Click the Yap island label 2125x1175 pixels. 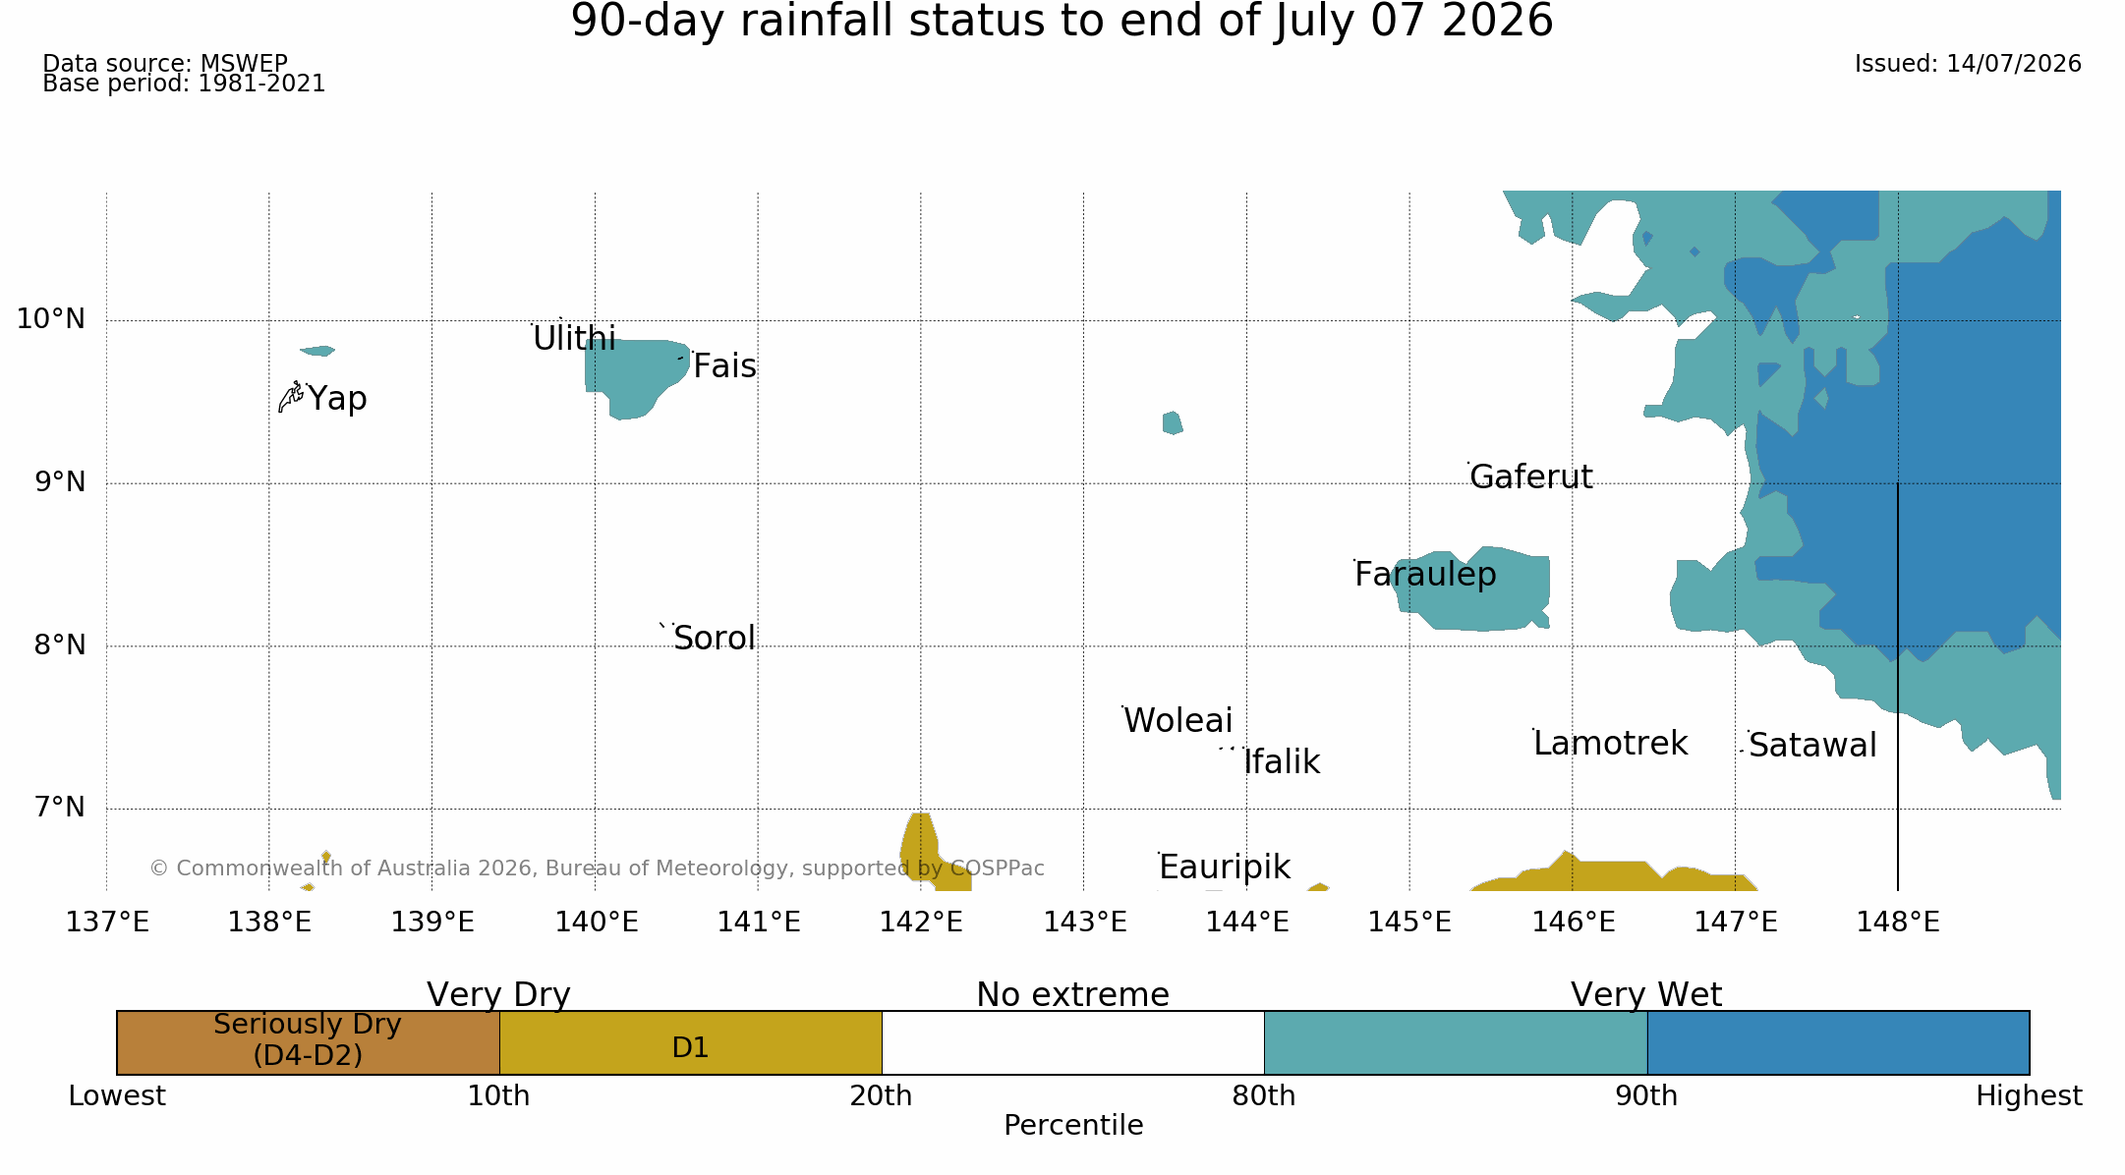[337, 399]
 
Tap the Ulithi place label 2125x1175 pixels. [574, 339]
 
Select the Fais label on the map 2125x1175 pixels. [724, 366]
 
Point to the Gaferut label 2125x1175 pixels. [1530, 476]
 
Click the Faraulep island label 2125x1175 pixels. [1425, 575]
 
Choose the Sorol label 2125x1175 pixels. [715, 639]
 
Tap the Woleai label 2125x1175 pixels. [1177, 721]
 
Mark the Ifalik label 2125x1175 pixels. [1282, 762]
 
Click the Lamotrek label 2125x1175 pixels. [1610, 744]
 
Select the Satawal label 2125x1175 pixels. [1812, 746]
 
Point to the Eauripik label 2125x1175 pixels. [1225, 867]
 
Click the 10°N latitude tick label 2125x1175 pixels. [51, 319]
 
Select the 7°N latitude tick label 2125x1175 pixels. [60, 808]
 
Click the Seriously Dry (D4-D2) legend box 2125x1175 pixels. [309, 1042]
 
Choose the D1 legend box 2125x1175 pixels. [691, 1042]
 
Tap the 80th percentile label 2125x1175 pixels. [1264, 1096]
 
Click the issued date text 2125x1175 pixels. [1968, 64]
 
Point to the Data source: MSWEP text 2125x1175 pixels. [165, 64]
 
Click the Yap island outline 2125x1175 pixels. [291, 397]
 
